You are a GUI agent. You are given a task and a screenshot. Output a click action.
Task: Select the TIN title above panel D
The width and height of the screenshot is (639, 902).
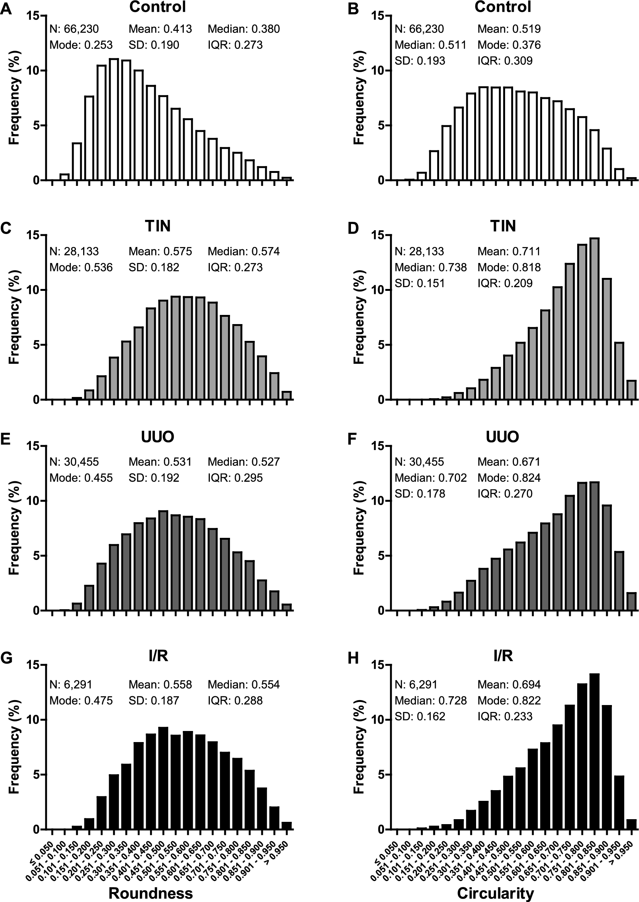click(x=502, y=226)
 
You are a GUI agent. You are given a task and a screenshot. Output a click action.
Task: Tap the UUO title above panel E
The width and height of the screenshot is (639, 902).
click(x=158, y=437)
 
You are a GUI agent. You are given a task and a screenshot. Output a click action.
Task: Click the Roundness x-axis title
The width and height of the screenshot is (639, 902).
click(x=151, y=893)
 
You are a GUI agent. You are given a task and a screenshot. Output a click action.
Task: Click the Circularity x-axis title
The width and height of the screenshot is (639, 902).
click(x=496, y=893)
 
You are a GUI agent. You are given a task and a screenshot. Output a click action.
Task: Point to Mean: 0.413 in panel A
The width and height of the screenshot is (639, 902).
click(x=160, y=29)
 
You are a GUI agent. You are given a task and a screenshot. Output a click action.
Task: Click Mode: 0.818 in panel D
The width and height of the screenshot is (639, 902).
click(x=509, y=267)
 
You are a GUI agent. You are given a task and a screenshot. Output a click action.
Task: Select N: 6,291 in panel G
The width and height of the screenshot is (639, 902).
click(x=71, y=685)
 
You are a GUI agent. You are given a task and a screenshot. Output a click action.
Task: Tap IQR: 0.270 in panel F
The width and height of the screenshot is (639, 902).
click(x=505, y=493)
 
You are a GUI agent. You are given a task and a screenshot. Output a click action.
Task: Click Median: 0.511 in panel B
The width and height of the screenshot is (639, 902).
click(x=430, y=45)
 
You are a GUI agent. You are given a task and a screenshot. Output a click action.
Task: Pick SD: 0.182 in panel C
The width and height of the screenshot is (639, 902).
click(x=154, y=267)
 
